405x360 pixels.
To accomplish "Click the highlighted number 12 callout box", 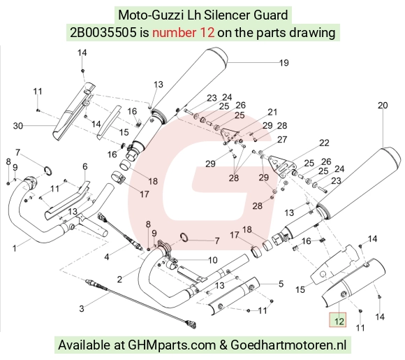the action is click(337, 319).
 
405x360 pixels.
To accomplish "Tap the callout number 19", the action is click(284, 63).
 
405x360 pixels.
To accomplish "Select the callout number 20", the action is click(383, 106).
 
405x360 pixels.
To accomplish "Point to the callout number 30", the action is click(18, 126).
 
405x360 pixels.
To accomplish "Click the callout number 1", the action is click(15, 249).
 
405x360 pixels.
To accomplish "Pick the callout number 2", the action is click(119, 280).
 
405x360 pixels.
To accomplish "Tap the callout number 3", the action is click(82, 308).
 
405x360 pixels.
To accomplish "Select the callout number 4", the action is click(107, 257).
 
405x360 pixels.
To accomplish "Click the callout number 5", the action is click(281, 284).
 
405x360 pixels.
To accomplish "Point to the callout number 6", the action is click(85, 166).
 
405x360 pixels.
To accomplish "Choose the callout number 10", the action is click(212, 260).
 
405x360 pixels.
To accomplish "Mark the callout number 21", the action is click(272, 112).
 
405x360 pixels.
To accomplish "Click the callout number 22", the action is click(324, 143).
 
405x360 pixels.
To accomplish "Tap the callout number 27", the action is click(282, 139).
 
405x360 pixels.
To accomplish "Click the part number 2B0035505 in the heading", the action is click(103, 33).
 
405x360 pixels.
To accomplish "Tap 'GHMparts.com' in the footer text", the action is click(172, 345).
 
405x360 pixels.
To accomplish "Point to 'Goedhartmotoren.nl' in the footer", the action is click(288, 345).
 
